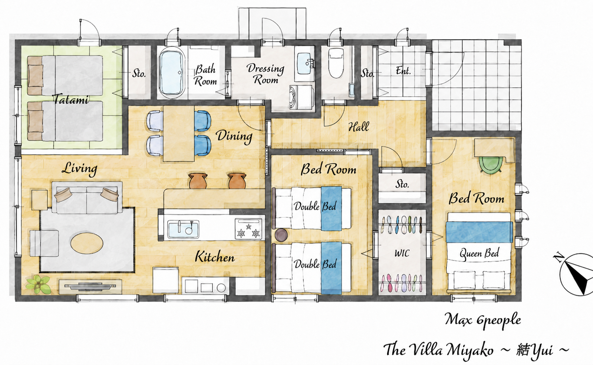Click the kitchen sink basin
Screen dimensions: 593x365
(184, 229)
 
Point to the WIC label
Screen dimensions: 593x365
(402, 253)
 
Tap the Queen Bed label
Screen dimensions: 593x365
(479, 253)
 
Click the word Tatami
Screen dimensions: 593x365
(71, 99)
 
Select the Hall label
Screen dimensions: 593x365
(359, 127)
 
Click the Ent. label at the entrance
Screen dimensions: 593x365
(403, 71)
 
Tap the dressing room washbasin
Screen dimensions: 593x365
(304, 64)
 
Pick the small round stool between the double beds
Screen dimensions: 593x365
(281, 235)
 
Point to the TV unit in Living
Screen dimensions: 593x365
(90, 286)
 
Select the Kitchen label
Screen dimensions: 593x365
(215, 257)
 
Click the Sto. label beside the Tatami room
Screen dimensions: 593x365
(139, 73)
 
